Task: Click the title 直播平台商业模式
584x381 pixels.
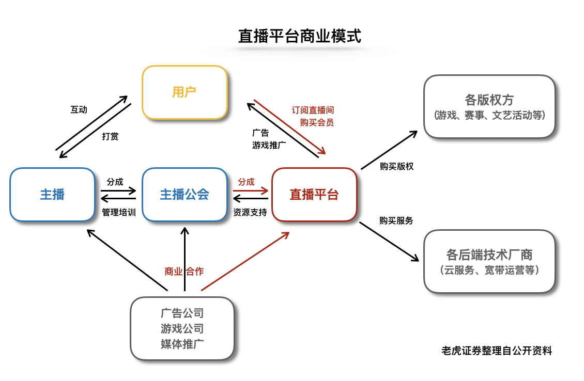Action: (299, 36)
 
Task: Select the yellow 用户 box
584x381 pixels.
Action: (185, 92)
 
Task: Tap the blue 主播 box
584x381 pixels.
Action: (52, 194)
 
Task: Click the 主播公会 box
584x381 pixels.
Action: (185, 194)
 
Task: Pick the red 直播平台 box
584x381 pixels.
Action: (314, 194)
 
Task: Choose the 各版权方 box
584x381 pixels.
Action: (489, 106)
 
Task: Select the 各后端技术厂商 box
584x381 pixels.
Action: (489, 261)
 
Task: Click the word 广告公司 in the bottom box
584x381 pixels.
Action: (182, 313)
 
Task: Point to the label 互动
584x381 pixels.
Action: (79, 109)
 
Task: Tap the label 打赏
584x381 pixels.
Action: (110, 136)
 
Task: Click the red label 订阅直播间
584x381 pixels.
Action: (313, 110)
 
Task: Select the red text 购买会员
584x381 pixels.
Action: (317, 122)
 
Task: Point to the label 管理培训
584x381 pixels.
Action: (119, 212)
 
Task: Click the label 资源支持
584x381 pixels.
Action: (250, 212)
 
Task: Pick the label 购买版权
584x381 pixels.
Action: (396, 166)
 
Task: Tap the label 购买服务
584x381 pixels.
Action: (396, 220)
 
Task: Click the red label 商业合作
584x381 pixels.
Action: (184, 272)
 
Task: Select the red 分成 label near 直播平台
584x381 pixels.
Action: (246, 182)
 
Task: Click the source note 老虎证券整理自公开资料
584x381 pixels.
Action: (497, 351)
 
